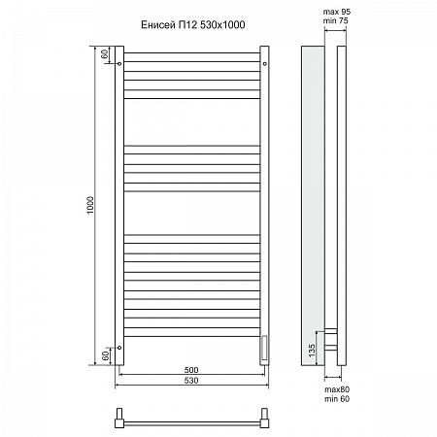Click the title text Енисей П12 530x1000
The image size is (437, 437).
click(190, 25)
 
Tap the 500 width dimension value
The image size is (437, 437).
click(190, 370)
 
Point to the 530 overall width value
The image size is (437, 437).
click(190, 381)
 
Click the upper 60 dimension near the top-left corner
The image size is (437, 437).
click(105, 53)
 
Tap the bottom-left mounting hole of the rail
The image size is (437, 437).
click(118, 346)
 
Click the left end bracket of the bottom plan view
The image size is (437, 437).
click(118, 420)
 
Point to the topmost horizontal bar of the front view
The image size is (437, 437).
click(190, 58)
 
